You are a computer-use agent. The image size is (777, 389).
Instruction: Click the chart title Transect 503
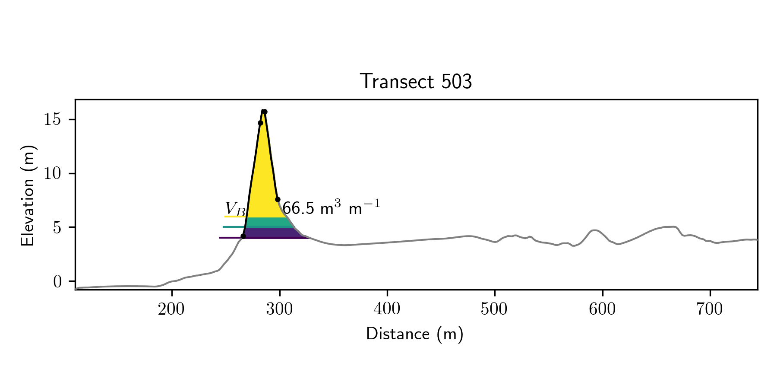pos(416,82)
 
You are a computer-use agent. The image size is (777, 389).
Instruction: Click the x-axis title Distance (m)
pos(414,334)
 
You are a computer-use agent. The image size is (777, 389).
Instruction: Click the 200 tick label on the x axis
pos(171,309)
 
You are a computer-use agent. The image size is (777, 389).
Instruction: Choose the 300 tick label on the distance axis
pos(279,309)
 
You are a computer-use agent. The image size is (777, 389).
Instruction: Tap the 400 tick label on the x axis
pos(387,309)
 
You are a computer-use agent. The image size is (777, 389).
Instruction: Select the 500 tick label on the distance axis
pos(495,309)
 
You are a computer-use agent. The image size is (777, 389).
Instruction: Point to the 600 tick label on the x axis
pos(602,309)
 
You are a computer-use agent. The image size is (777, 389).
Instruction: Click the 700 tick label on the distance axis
pos(710,309)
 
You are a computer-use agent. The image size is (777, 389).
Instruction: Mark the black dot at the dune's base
pos(243,236)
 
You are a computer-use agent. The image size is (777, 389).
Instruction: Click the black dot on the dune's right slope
pos(278,199)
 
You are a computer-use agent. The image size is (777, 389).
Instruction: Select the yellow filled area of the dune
pos(263,182)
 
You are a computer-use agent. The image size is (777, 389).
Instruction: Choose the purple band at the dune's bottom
pos(272,233)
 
